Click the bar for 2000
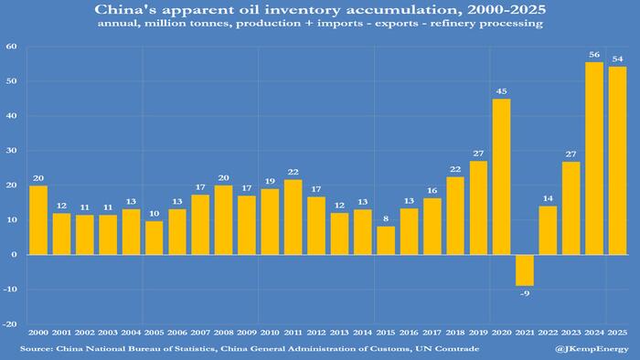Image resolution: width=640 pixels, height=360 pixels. [x=37, y=220]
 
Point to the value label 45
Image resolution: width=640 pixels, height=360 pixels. [x=501, y=90]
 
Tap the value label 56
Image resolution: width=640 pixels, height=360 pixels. [x=594, y=54]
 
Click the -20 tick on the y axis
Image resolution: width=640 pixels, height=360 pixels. [x=10, y=324]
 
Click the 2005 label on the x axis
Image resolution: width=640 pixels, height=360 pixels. [x=154, y=334]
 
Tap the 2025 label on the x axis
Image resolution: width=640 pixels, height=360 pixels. [x=617, y=334]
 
